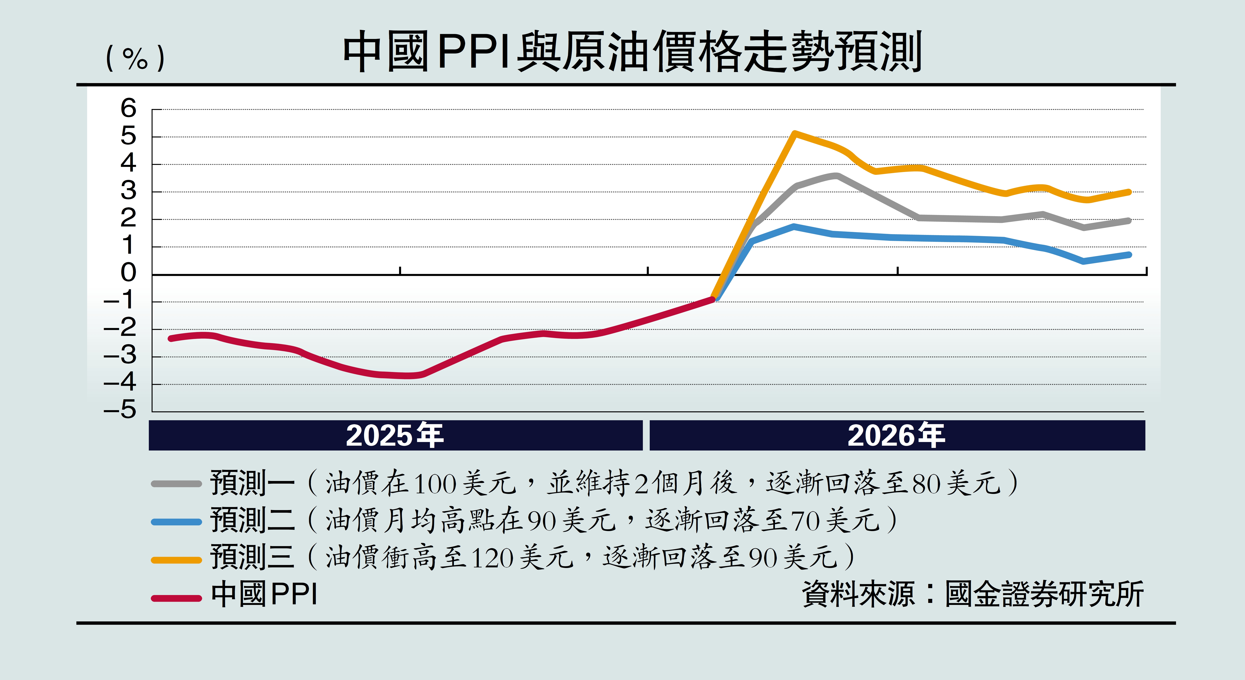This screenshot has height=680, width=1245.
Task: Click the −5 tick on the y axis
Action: (x=121, y=410)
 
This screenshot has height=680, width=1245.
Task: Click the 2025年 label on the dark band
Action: (x=394, y=435)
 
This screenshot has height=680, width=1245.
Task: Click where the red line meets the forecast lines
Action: (x=713, y=299)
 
